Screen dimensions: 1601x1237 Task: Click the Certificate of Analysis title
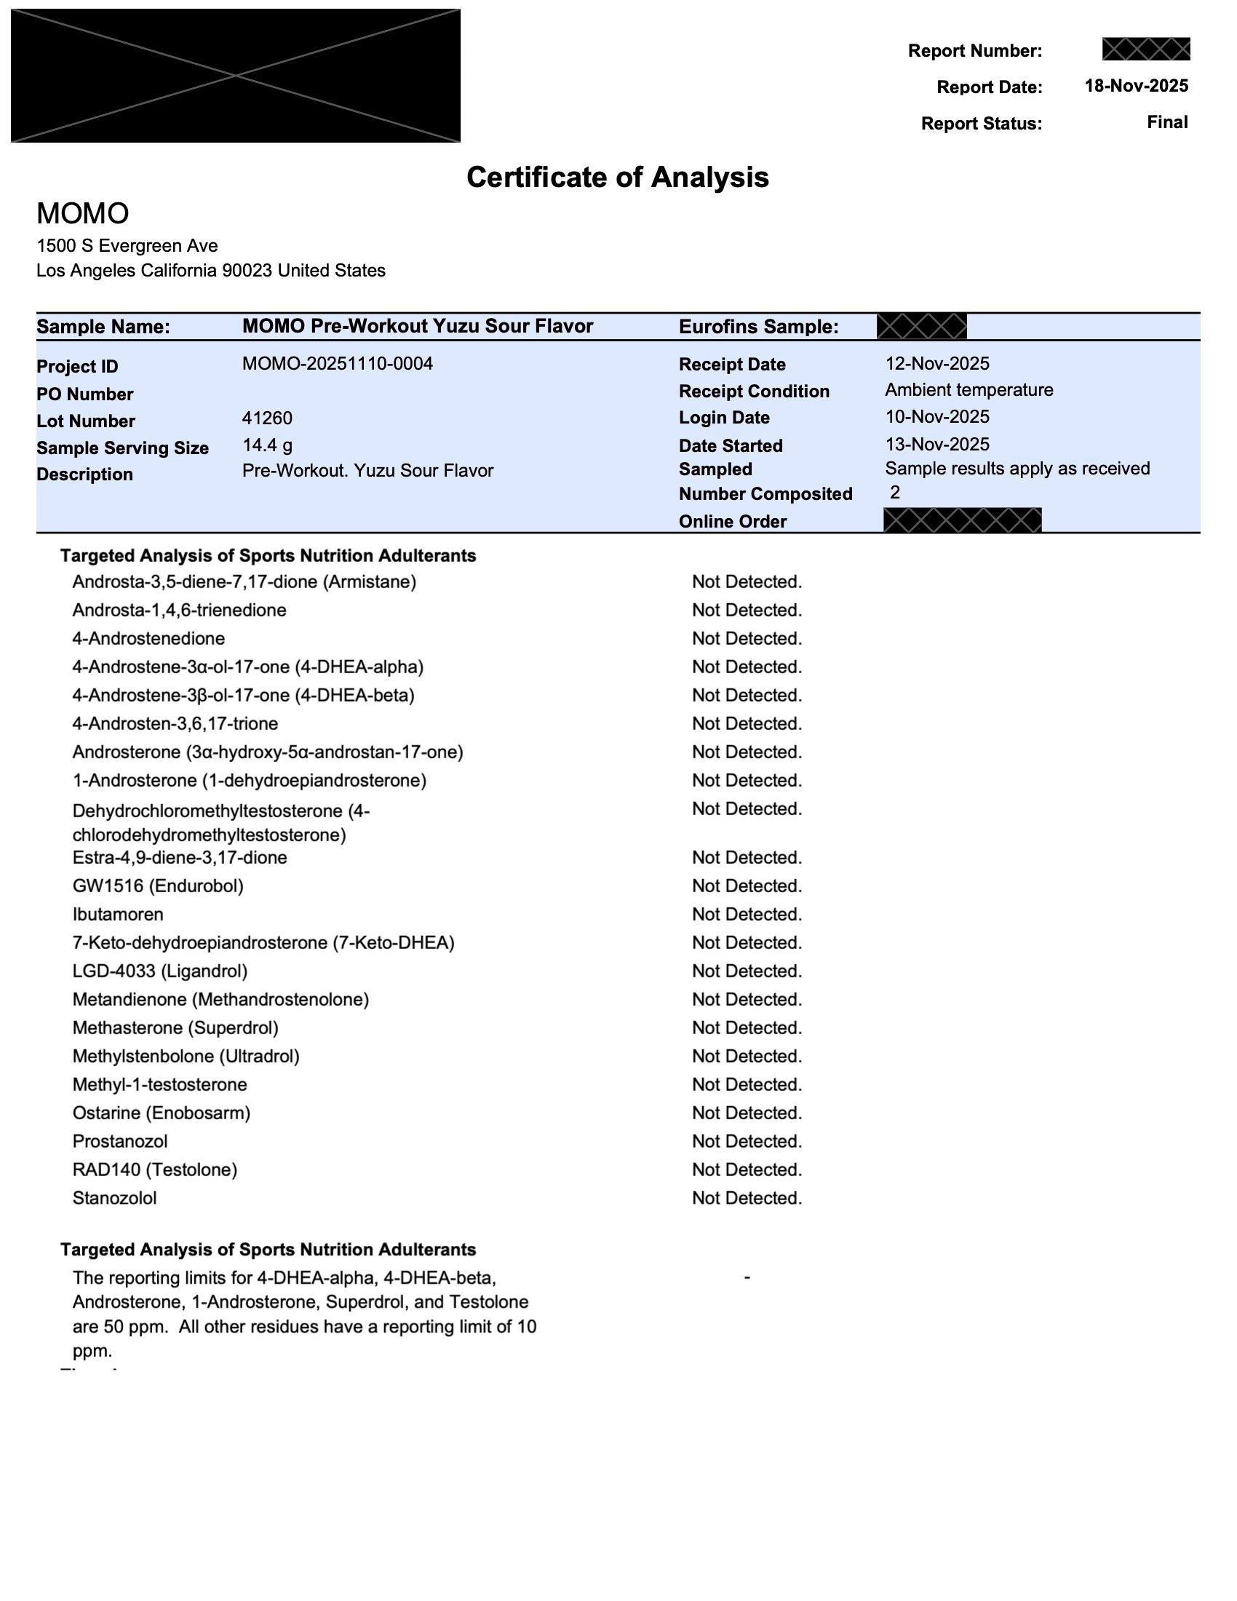tap(617, 178)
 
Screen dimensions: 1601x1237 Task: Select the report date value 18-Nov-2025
tap(1136, 86)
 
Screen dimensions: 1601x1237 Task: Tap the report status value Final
tap(1167, 122)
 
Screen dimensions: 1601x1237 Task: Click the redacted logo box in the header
tap(235, 76)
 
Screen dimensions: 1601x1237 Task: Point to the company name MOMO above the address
tap(83, 213)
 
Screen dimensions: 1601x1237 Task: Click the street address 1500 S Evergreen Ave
tap(127, 245)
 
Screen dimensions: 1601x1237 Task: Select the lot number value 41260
tap(267, 418)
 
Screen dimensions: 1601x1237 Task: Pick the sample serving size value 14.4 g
tap(267, 445)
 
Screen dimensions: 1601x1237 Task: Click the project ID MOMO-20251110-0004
tap(337, 364)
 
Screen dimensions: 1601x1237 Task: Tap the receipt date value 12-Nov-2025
tap(936, 364)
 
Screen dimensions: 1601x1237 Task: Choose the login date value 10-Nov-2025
tap(936, 416)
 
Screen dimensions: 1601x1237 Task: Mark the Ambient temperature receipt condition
tap(968, 390)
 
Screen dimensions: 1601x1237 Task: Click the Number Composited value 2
tap(895, 492)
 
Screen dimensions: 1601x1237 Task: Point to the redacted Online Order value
tap(962, 520)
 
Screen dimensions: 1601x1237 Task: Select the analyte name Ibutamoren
tap(118, 914)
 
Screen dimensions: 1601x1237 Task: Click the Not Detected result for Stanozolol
tap(747, 1198)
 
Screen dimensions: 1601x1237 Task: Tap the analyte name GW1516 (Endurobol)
tap(158, 886)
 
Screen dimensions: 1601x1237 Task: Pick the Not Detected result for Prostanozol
tap(747, 1141)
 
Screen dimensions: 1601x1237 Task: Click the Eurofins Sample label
tap(758, 327)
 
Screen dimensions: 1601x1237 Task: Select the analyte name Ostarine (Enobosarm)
tap(162, 1113)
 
